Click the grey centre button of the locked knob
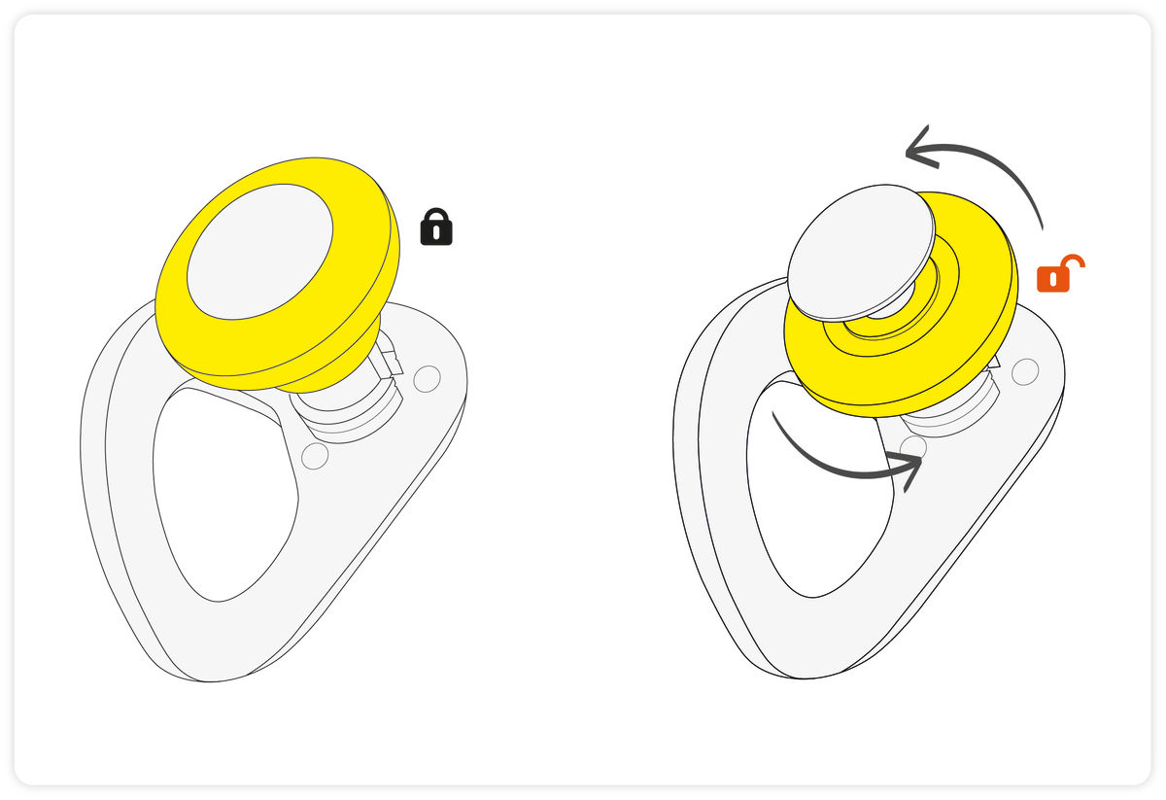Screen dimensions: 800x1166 [x=259, y=251]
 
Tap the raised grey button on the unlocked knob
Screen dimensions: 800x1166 [x=860, y=251]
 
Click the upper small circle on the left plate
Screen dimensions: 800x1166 [x=427, y=378]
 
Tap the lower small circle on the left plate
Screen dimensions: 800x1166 [x=315, y=456]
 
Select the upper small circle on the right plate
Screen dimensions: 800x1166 [x=1025, y=371]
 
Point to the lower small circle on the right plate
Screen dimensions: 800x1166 [x=913, y=448]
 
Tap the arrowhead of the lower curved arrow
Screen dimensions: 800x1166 [x=909, y=470]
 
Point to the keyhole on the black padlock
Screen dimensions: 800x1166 [x=436, y=233]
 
